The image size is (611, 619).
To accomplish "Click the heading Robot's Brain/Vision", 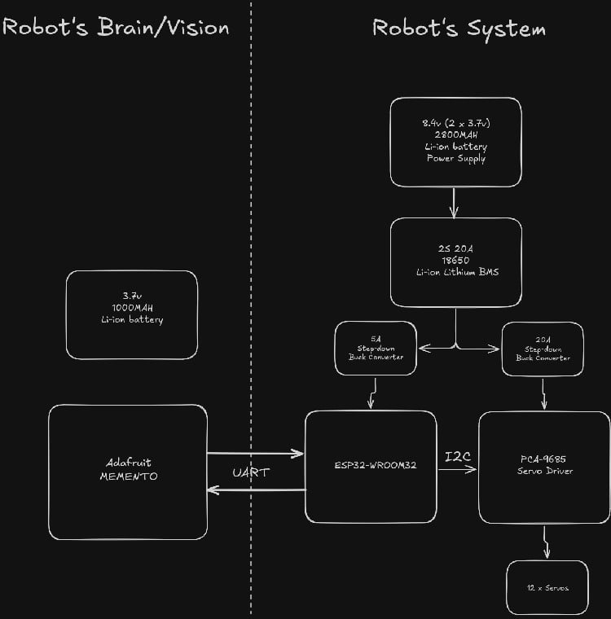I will [x=115, y=27].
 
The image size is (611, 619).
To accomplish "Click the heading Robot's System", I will [x=459, y=28].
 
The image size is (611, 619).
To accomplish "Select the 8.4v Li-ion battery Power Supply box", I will [x=455, y=142].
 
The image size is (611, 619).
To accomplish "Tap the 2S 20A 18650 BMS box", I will [x=455, y=261].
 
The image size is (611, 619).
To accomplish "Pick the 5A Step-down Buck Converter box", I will [x=376, y=348].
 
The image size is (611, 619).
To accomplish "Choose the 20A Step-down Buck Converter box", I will [x=543, y=348].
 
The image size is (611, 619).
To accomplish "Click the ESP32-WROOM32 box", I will [x=371, y=466].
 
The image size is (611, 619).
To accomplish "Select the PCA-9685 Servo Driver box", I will [x=543, y=466].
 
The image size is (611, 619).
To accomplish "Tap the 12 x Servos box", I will [x=547, y=587].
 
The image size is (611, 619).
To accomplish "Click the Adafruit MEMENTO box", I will [x=128, y=471].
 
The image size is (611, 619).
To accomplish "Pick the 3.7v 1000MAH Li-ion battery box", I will [x=131, y=314].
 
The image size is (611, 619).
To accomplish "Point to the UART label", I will [x=251, y=472].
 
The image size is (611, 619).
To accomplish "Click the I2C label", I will [x=458, y=457].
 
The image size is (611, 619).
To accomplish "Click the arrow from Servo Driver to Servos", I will [x=545, y=542].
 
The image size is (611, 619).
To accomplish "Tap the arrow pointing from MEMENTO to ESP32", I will [x=255, y=454].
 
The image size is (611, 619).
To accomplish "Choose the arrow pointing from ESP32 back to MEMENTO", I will [x=255, y=489].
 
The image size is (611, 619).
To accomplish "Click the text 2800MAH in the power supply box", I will [x=455, y=134].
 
